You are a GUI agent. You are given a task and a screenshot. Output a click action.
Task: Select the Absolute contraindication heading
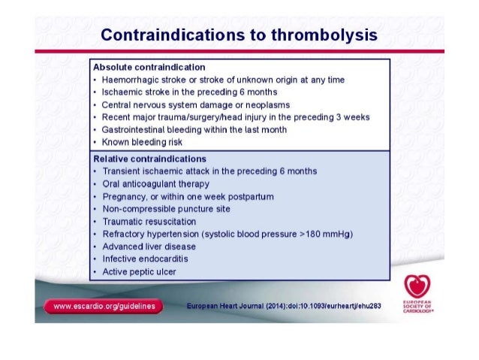point(149,67)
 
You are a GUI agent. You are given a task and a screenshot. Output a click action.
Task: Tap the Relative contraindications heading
point(149,159)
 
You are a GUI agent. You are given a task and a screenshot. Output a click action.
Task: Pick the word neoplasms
point(264,104)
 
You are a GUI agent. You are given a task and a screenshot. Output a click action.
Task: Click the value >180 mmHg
point(325,234)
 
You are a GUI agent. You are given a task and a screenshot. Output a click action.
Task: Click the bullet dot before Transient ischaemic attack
point(94,172)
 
